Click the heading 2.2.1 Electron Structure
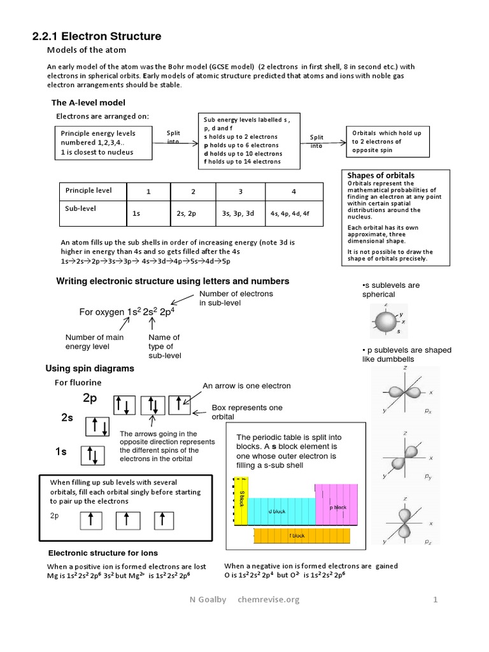click(x=97, y=37)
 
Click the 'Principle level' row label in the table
click(x=89, y=190)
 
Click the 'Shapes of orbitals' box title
click(x=381, y=175)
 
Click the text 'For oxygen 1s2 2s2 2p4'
click(x=127, y=312)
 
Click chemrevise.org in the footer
click(x=268, y=599)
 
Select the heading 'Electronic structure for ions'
click(x=103, y=553)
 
